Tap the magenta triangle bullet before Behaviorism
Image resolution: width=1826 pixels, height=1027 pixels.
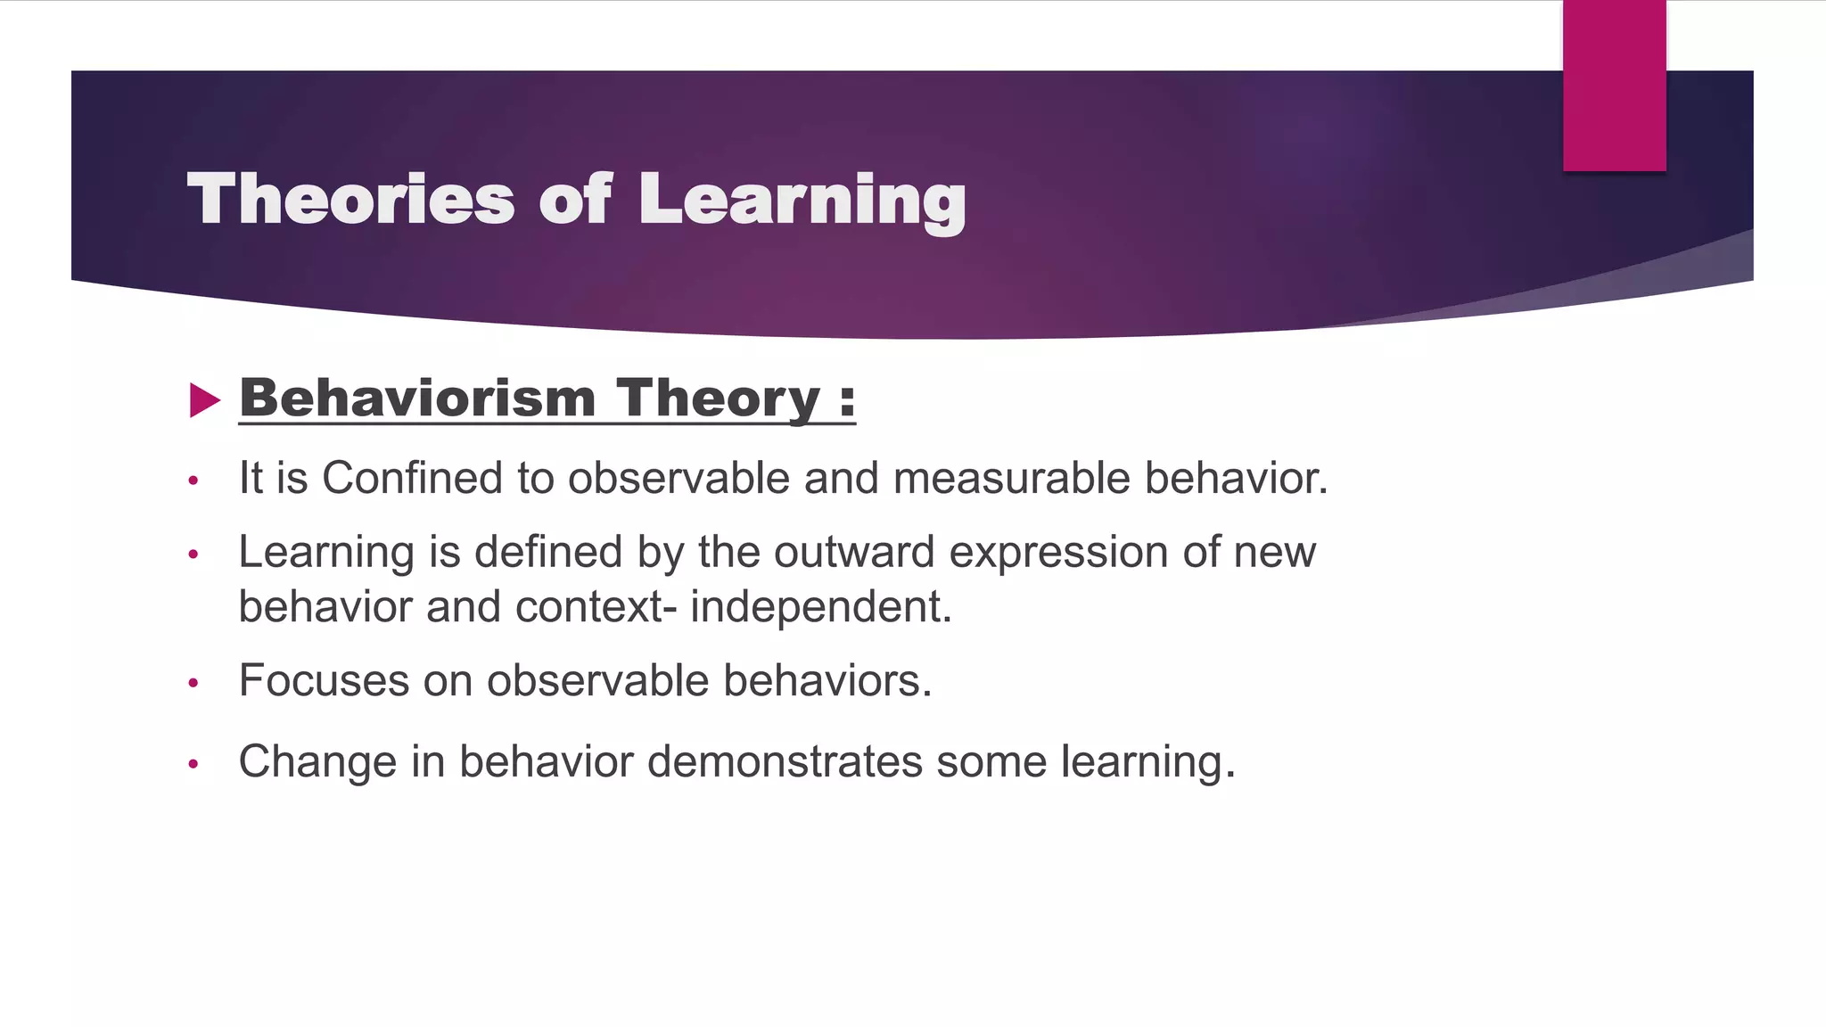pos(204,400)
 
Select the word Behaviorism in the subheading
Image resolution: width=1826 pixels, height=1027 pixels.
pos(417,398)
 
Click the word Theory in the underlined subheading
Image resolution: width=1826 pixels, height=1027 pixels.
pos(718,398)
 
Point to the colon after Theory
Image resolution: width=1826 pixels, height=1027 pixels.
pos(847,400)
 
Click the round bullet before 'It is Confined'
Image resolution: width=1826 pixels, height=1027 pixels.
pos(193,481)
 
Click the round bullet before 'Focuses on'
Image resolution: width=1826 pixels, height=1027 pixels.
pos(193,684)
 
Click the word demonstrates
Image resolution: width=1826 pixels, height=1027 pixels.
pos(785,762)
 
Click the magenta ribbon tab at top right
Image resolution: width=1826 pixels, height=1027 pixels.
pos(1614,86)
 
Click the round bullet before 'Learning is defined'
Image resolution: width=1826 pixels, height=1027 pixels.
pos(193,555)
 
